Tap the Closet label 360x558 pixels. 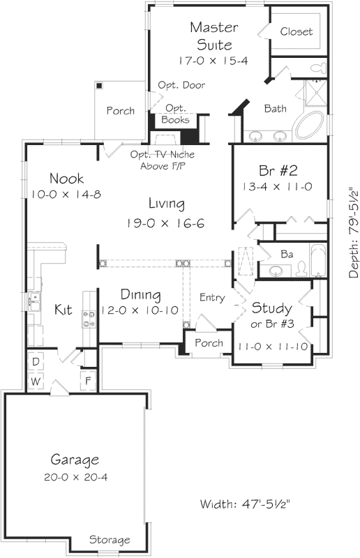click(297, 32)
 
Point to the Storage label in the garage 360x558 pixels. click(110, 540)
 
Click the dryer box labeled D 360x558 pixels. click(36, 363)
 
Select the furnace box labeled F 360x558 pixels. click(87, 382)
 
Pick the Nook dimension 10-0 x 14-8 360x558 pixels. click(66, 194)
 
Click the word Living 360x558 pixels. click(166, 204)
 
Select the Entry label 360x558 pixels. click(212, 298)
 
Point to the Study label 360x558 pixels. click(271, 308)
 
